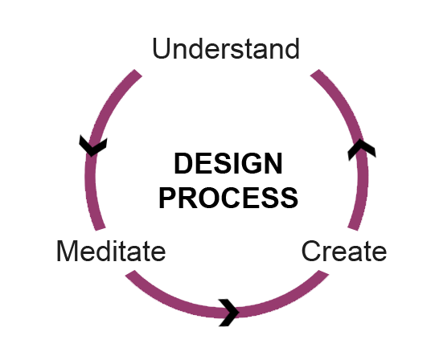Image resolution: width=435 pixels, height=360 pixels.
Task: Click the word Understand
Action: click(x=226, y=48)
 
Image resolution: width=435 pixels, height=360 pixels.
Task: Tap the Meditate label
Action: click(x=111, y=251)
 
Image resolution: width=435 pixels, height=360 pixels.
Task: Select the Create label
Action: click(x=344, y=251)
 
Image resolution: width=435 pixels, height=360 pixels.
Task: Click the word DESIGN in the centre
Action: click(x=228, y=163)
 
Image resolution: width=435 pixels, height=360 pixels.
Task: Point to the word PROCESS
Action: click(x=228, y=198)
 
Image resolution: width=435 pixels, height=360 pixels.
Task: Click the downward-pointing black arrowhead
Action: click(x=93, y=146)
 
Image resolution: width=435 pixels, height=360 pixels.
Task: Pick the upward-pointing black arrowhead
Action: click(x=362, y=149)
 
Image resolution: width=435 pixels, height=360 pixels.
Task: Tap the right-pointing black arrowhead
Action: click(x=228, y=313)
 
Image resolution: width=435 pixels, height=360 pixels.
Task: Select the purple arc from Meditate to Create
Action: click(x=227, y=313)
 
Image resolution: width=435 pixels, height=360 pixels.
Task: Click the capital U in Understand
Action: click(x=161, y=49)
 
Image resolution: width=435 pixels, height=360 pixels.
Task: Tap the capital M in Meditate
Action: click(x=67, y=251)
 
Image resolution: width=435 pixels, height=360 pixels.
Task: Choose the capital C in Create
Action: click(x=310, y=251)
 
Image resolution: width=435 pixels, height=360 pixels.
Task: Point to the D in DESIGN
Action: click(x=183, y=163)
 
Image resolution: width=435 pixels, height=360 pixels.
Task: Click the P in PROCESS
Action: click(x=167, y=198)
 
